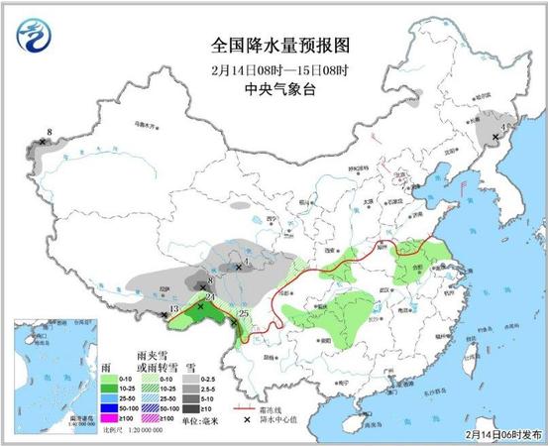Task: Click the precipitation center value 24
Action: (x=209, y=296)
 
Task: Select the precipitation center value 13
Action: (x=173, y=310)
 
